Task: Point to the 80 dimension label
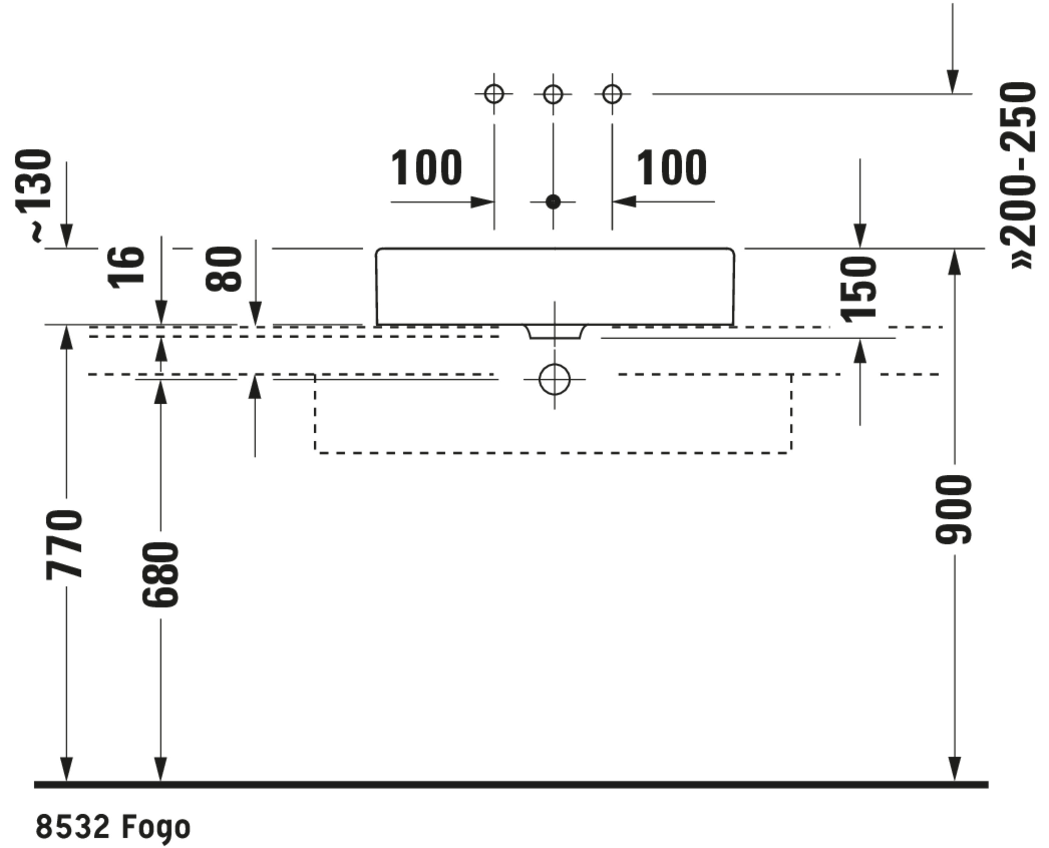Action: tap(224, 269)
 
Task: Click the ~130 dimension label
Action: tap(34, 195)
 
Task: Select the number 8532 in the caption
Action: tap(72, 827)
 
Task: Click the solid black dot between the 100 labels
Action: tap(553, 201)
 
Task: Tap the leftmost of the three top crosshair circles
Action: tap(494, 94)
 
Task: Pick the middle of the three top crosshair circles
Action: tap(553, 94)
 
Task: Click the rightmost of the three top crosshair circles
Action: tap(612, 94)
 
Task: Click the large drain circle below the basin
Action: tap(555, 379)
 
